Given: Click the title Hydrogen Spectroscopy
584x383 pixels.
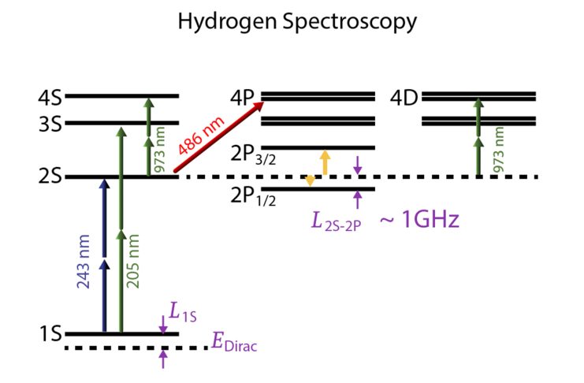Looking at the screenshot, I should click(296, 22).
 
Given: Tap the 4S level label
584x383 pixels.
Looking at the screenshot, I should click(49, 98).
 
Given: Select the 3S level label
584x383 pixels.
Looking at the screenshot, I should click(49, 124).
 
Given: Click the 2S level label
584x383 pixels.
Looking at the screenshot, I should click(49, 177).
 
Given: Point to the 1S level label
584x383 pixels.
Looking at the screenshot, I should click(49, 333).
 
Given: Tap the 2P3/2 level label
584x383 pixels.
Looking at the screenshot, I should click(251, 154).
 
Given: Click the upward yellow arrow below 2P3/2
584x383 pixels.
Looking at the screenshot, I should click(325, 162).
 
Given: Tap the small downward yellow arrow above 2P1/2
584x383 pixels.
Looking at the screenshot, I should click(311, 180).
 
